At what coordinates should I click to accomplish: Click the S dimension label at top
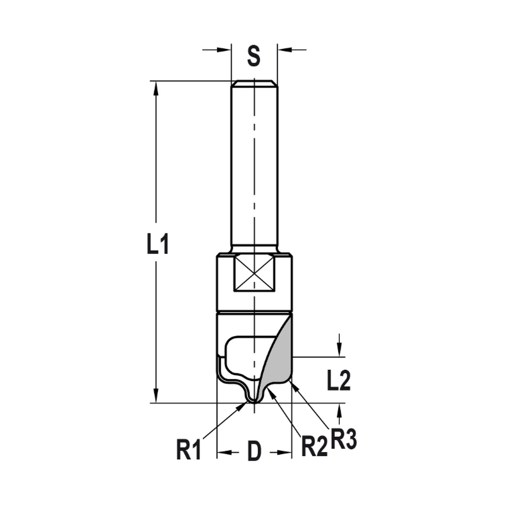[254, 57]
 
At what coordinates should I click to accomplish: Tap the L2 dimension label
[338, 381]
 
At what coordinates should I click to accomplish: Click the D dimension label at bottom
[254, 451]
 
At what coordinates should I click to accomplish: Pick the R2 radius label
[314, 447]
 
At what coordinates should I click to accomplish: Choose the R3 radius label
[344, 439]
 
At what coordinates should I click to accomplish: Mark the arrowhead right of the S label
[284, 49]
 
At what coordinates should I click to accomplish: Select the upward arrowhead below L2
[340, 410]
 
